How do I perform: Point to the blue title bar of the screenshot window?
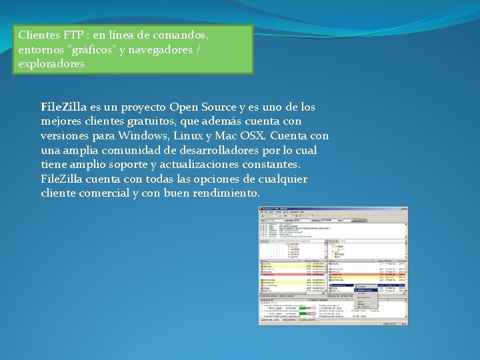coord(333,209)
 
